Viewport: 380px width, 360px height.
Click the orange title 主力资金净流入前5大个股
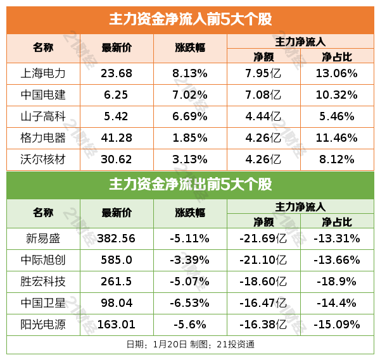click(190, 20)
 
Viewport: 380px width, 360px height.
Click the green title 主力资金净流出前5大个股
click(190, 185)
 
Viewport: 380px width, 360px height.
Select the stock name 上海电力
click(43, 73)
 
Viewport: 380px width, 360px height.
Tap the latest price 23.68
click(117, 73)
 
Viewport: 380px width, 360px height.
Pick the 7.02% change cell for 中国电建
click(190, 95)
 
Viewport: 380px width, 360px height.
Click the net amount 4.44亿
click(263, 116)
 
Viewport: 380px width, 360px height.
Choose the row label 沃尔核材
click(43, 159)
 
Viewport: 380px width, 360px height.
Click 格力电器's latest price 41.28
click(117, 138)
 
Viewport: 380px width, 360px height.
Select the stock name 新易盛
click(43, 239)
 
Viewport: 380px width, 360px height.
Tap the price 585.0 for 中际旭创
click(117, 260)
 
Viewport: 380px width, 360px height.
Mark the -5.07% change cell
click(190, 282)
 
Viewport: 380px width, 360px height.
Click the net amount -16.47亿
click(263, 303)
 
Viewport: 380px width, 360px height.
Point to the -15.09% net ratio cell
click(338, 325)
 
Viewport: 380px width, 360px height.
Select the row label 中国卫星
click(43, 303)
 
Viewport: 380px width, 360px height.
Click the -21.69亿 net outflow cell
click(263, 239)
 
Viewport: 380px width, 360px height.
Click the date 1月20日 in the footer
click(170, 345)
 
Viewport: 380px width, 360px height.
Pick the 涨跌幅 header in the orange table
click(190, 47)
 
